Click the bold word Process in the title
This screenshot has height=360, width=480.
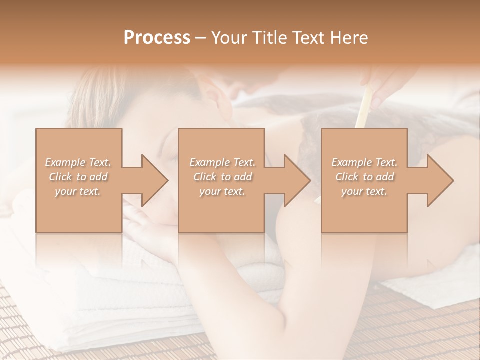[157, 38]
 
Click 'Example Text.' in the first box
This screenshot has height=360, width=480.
[78, 162]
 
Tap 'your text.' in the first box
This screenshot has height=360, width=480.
[78, 191]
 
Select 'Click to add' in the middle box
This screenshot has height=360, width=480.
[222, 177]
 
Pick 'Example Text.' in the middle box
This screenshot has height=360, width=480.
[222, 162]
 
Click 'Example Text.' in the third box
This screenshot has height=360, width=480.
[364, 162]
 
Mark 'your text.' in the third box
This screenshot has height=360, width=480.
[364, 191]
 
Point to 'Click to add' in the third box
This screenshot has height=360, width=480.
[364, 177]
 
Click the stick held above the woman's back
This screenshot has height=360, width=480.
[364, 107]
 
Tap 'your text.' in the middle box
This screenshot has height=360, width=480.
[222, 191]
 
